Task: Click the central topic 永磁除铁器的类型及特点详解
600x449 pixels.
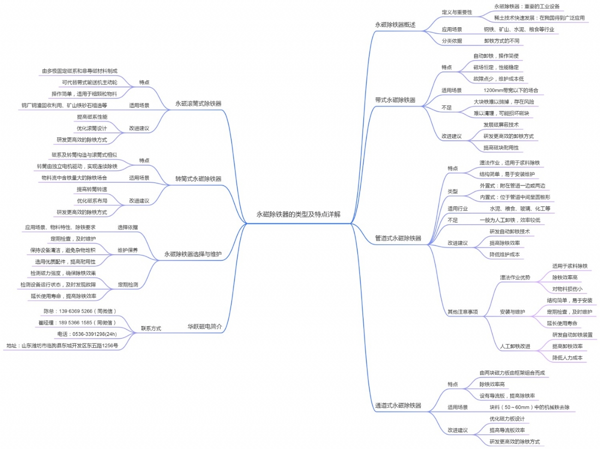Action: pyautogui.click(x=298, y=214)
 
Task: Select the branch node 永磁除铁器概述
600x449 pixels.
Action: pyautogui.click(x=395, y=25)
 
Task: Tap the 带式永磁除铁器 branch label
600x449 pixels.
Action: pyautogui.click(x=395, y=100)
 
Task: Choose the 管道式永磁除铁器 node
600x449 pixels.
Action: pyautogui.click(x=398, y=238)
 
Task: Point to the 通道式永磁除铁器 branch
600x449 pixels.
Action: pyautogui.click(x=398, y=406)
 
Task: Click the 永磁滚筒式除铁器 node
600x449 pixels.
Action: pyautogui.click(x=198, y=103)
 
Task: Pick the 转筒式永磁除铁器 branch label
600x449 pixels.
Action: pyautogui.click(x=198, y=179)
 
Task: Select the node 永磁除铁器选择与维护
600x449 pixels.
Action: pyautogui.click(x=193, y=254)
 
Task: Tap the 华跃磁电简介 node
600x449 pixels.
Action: pyautogui.click(x=204, y=326)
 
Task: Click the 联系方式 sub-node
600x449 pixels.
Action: pyautogui.click(x=151, y=329)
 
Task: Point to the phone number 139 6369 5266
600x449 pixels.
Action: pyautogui.click(x=79, y=311)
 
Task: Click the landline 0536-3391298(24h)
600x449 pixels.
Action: pyautogui.click(x=87, y=334)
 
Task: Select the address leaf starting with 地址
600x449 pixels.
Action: pyautogui.click(x=62, y=346)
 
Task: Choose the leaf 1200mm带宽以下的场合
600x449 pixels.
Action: pyautogui.click(x=510, y=90)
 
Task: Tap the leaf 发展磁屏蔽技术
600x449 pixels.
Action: pyautogui.click(x=501, y=125)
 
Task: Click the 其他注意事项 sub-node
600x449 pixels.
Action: pyautogui.click(x=462, y=312)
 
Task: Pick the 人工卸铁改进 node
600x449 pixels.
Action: pyautogui.click(x=515, y=346)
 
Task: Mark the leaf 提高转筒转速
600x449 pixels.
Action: pyautogui.click(x=92, y=189)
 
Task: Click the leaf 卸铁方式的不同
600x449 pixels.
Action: pyautogui.click(x=501, y=41)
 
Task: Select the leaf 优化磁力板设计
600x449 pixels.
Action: pyautogui.click(x=507, y=419)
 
